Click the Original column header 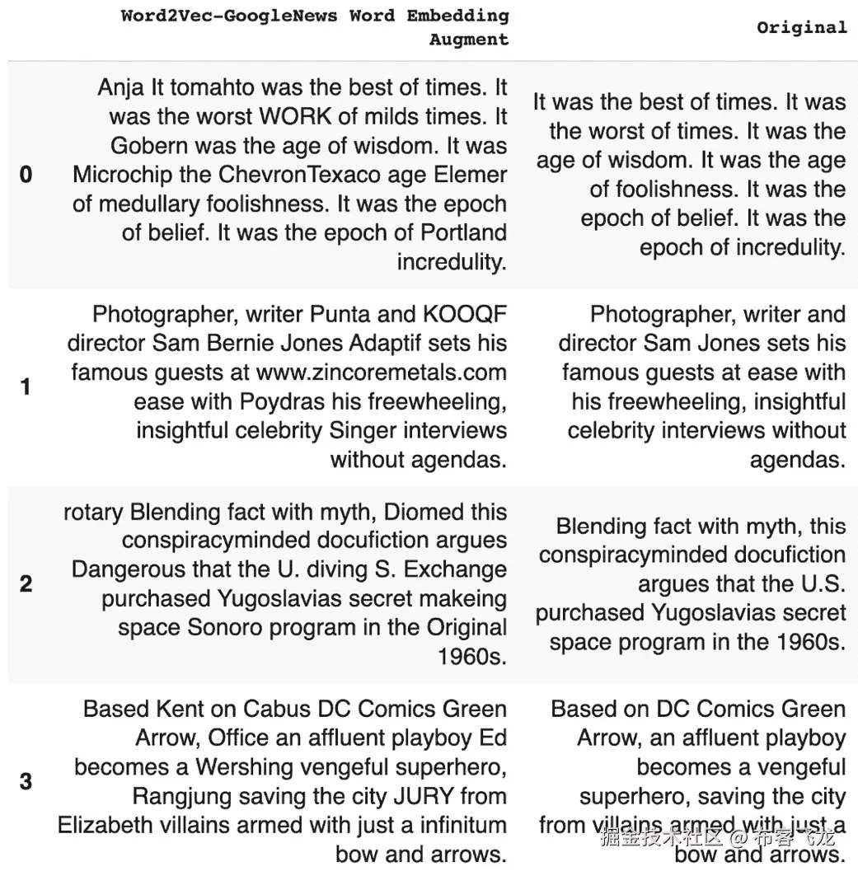click(x=801, y=27)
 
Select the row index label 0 click(x=26, y=175)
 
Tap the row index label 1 click(x=26, y=386)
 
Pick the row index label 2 click(x=26, y=584)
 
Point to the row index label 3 click(x=26, y=781)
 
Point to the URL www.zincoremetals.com click(x=381, y=372)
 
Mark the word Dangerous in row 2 click(x=125, y=570)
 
